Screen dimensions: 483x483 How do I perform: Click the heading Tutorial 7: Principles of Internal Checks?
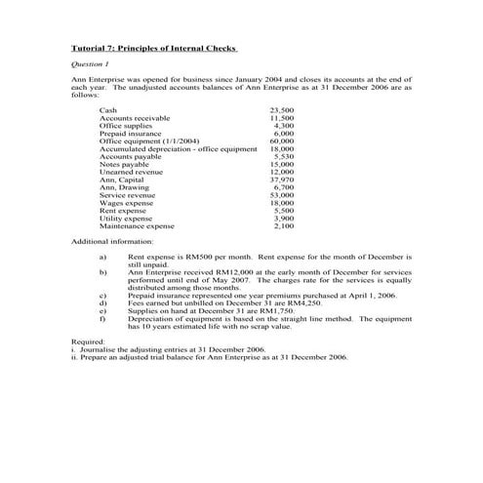154,47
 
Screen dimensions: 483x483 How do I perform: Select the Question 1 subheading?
93,62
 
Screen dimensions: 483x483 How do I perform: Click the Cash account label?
108,111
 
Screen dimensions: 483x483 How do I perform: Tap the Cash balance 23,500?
281,111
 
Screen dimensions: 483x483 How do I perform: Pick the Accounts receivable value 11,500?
281,118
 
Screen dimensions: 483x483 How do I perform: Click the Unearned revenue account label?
132,172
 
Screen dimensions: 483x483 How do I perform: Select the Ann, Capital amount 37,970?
281,180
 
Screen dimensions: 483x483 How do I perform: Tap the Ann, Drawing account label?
125,187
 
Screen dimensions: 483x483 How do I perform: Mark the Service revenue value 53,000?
281,195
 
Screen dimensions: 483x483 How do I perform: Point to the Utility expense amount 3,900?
283,218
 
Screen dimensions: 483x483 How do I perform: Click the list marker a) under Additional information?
102,256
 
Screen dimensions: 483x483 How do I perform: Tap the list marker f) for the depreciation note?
102,318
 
